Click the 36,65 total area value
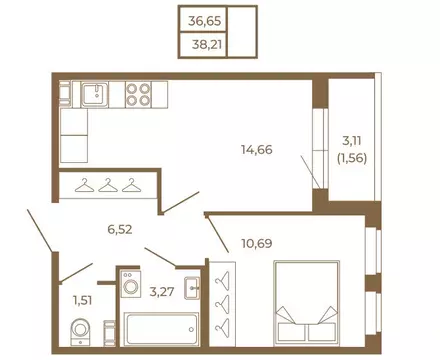204,21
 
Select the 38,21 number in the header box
207,44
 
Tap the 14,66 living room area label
257,150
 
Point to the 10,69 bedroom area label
257,243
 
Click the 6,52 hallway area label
120,229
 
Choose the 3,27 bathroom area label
162,292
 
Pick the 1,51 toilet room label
82,300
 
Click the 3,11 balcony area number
352,141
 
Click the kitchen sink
95,95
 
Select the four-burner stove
138,95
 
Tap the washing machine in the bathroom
131,284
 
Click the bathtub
161,329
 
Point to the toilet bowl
80,332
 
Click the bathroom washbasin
192,288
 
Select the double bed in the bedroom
307,303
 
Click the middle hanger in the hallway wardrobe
108,185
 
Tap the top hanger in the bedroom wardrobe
223,279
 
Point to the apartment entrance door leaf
40,231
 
